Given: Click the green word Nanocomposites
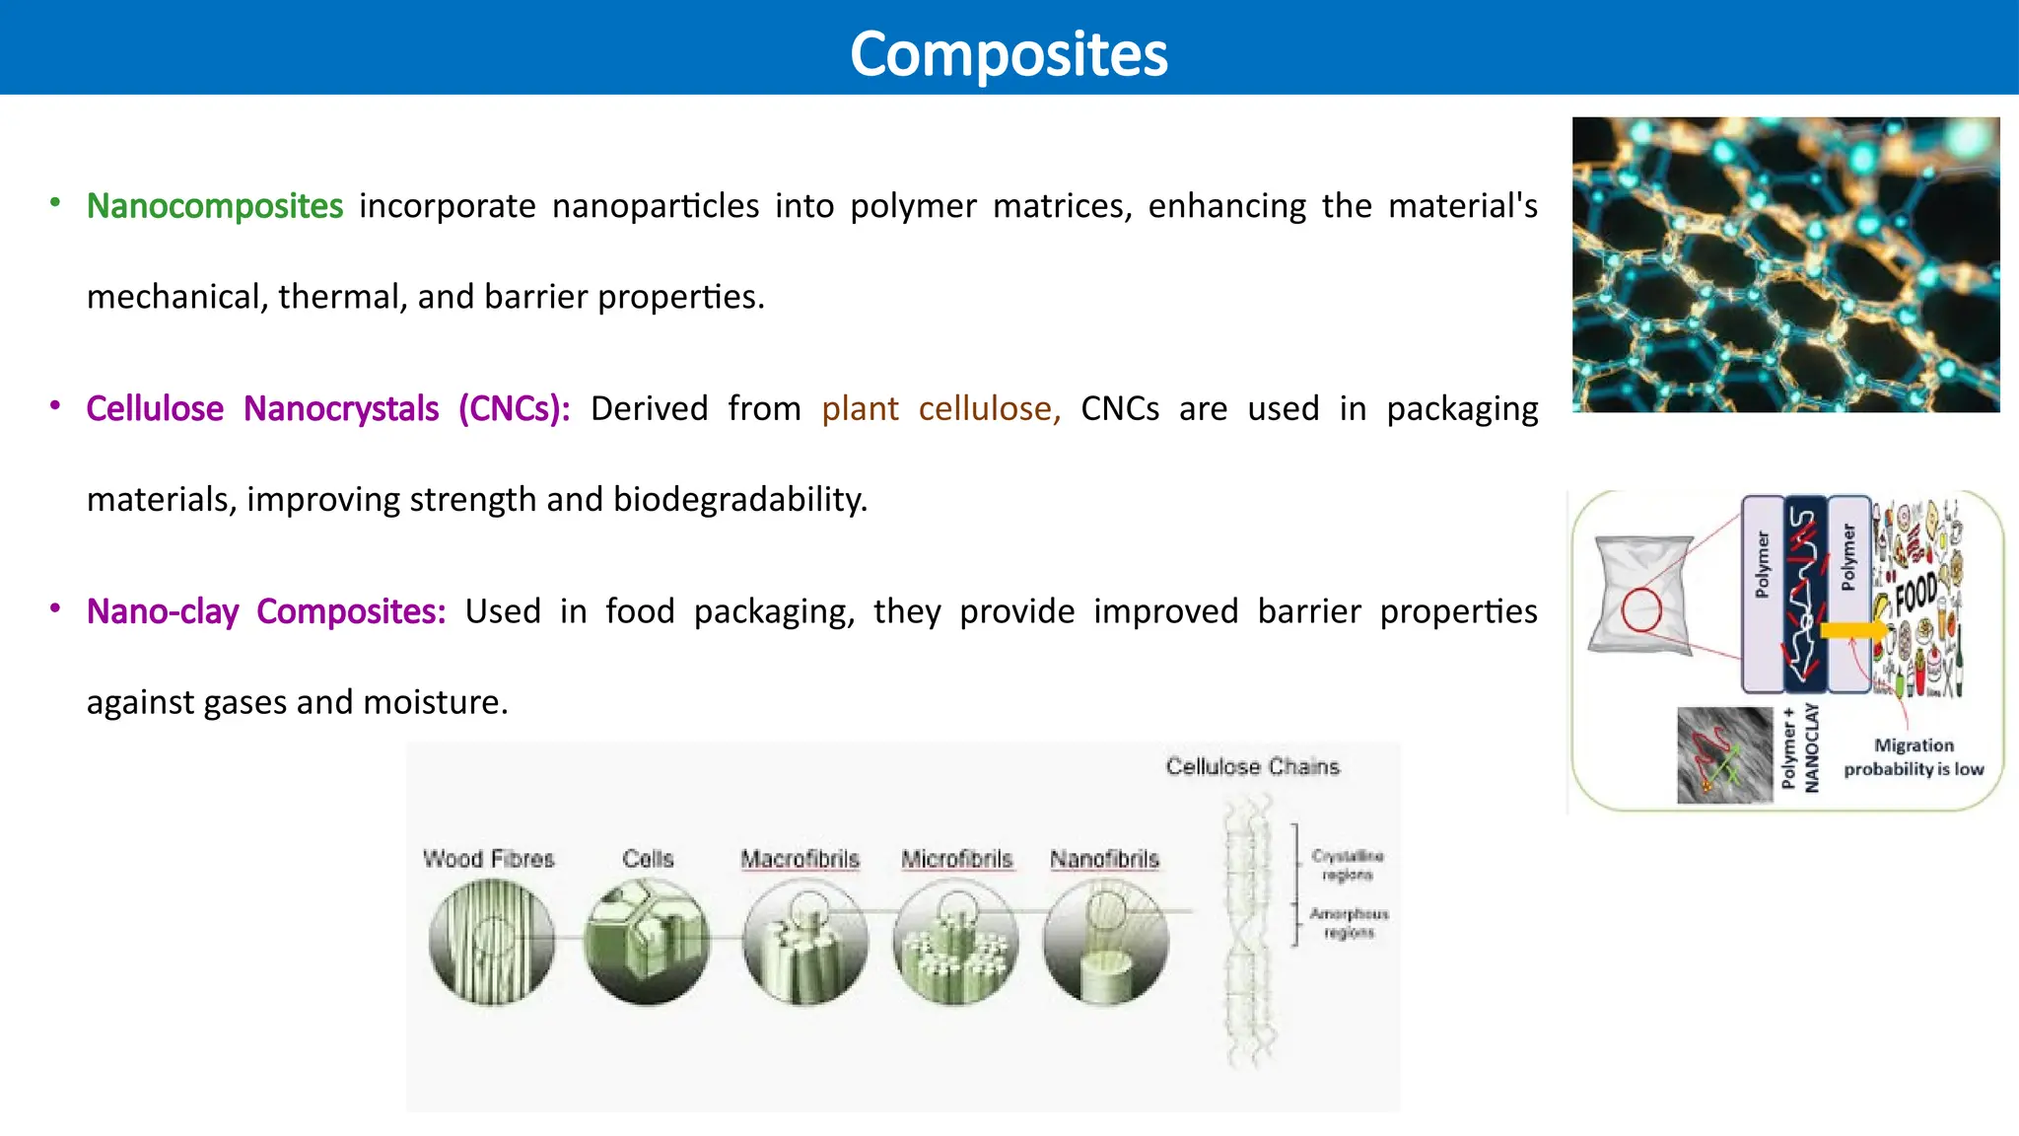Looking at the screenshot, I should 215,206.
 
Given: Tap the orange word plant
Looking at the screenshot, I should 860,408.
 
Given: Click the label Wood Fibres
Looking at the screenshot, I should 489,859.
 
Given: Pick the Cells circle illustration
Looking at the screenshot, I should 647,942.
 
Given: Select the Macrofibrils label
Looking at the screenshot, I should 800,859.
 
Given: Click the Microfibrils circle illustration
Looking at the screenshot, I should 954,942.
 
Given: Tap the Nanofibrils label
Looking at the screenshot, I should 1104,859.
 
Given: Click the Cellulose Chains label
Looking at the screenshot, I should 1252,766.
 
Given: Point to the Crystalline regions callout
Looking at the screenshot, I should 1347,865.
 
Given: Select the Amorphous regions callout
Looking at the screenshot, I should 1349,923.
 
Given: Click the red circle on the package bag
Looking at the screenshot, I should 1641,609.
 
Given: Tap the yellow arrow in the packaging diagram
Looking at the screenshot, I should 1851,630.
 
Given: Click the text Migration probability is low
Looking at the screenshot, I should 1914,757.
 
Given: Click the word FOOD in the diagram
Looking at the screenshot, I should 1915,594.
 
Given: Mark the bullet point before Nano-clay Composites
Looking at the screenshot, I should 55,608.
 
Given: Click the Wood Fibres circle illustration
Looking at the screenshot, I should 491,942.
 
